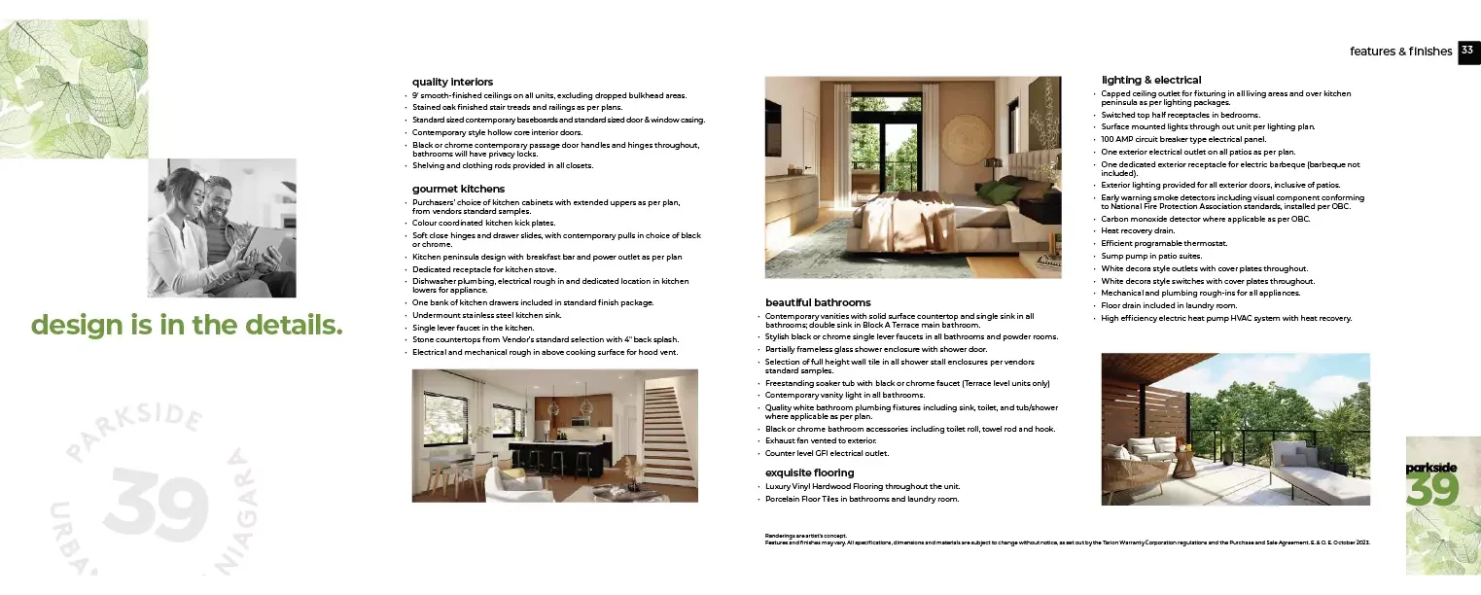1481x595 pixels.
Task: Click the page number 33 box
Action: tap(1467, 52)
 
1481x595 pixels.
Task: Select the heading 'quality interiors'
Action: tap(452, 82)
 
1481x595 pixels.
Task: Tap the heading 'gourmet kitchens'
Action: tap(458, 189)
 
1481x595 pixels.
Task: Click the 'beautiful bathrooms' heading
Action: tap(818, 302)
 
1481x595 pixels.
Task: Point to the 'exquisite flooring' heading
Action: tap(809, 472)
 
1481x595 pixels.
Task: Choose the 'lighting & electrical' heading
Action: tap(1150, 80)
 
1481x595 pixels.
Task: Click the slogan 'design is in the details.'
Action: tap(187, 325)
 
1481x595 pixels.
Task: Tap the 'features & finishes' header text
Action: tap(1400, 52)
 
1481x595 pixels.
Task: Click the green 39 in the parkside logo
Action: tap(1432, 490)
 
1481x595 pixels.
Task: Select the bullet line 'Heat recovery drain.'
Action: tap(1138, 231)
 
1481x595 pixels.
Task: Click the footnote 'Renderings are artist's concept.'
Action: tap(806, 536)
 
